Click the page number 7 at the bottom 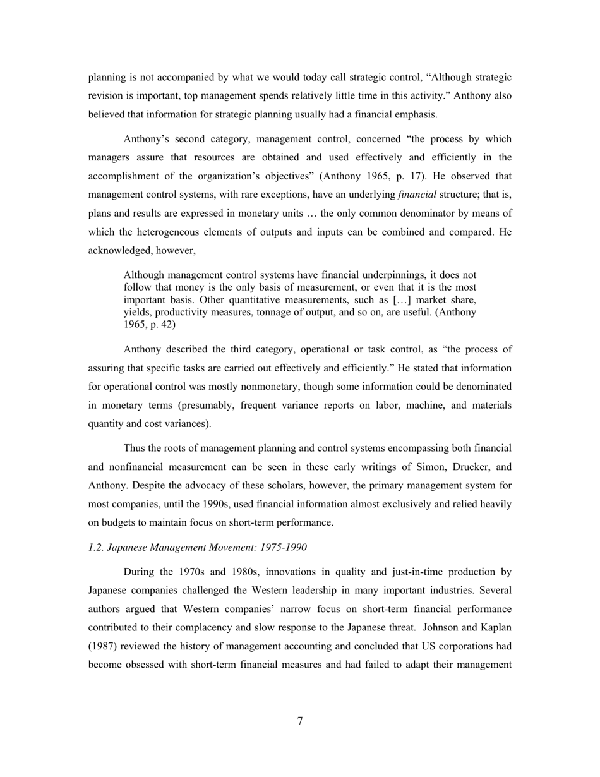click(x=300, y=721)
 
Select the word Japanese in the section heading click(x=129, y=547)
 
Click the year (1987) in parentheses click(x=102, y=646)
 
